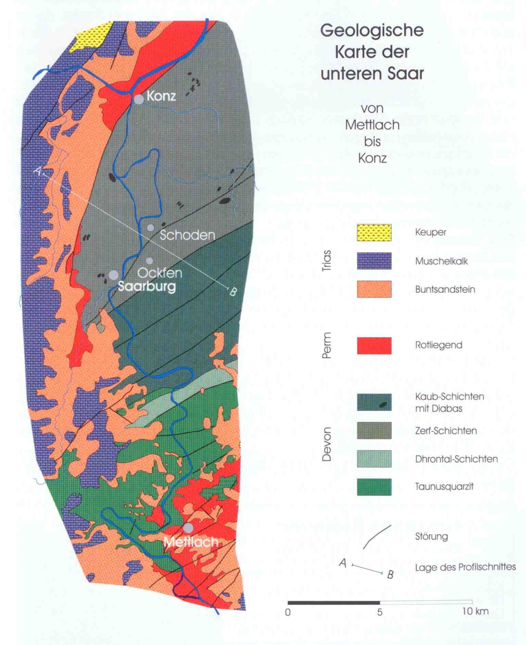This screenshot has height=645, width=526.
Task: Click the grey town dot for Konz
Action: [139, 100]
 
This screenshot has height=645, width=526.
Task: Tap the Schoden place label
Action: [187, 235]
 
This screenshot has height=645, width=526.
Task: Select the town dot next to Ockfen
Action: [150, 261]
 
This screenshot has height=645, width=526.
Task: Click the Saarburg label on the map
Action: [147, 286]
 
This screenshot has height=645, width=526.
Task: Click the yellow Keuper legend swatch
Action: [374, 233]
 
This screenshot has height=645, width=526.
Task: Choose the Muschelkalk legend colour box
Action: [374, 261]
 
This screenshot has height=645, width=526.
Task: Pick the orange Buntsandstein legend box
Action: [374, 289]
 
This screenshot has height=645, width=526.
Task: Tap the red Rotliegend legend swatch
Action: [374, 345]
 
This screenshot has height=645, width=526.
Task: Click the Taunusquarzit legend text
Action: [444, 486]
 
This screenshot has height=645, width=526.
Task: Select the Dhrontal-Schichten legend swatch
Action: [374, 459]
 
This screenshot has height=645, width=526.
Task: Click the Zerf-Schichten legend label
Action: [446, 431]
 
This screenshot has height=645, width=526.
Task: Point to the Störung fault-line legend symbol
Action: [376, 537]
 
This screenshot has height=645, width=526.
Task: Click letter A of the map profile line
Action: [38, 171]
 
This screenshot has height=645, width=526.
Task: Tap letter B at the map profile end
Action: [233, 292]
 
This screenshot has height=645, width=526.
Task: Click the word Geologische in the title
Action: [372, 31]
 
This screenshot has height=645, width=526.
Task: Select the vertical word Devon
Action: [327, 444]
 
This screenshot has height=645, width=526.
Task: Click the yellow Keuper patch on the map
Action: [91, 37]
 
